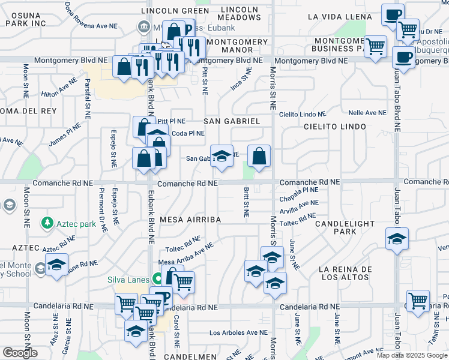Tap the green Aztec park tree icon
(47, 223)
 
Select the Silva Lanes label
(128, 279)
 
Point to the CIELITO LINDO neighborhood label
(334, 127)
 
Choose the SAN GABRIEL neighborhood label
(232, 121)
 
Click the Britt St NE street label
(246, 201)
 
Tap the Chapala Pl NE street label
(299, 190)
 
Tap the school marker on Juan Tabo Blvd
(397, 239)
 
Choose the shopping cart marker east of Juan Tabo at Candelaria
(418, 300)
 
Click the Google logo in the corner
(20, 353)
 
